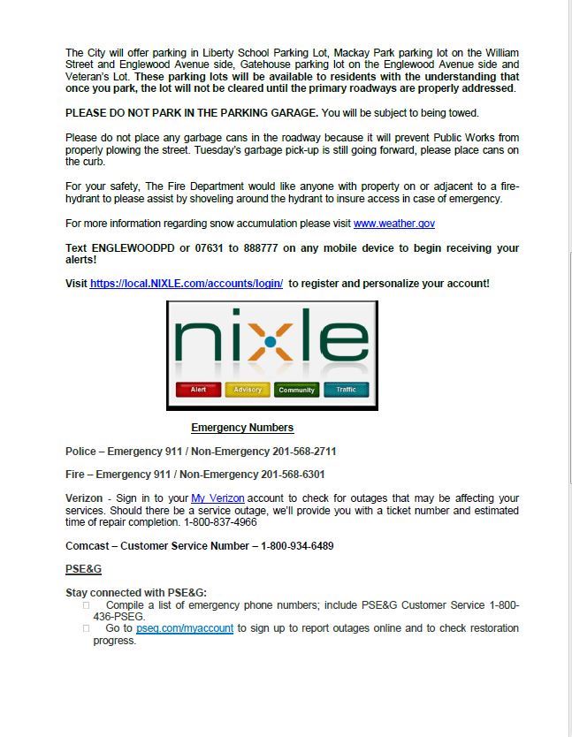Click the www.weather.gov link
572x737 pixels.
tap(393, 224)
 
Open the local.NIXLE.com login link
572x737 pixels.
tap(187, 284)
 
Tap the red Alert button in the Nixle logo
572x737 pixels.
tap(198, 390)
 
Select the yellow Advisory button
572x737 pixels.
tap(248, 390)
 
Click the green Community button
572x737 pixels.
tap(297, 390)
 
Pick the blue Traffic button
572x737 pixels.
tap(346, 390)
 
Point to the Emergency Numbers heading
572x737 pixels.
tap(242, 428)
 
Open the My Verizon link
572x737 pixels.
tap(217, 498)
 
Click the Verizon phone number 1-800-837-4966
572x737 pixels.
tap(220, 522)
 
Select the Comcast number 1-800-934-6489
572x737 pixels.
tap(297, 546)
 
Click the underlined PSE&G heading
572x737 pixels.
tap(83, 569)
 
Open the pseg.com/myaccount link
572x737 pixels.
tap(185, 628)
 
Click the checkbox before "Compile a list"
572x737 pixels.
tap(87, 605)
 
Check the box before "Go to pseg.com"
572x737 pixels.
tap(87, 628)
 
